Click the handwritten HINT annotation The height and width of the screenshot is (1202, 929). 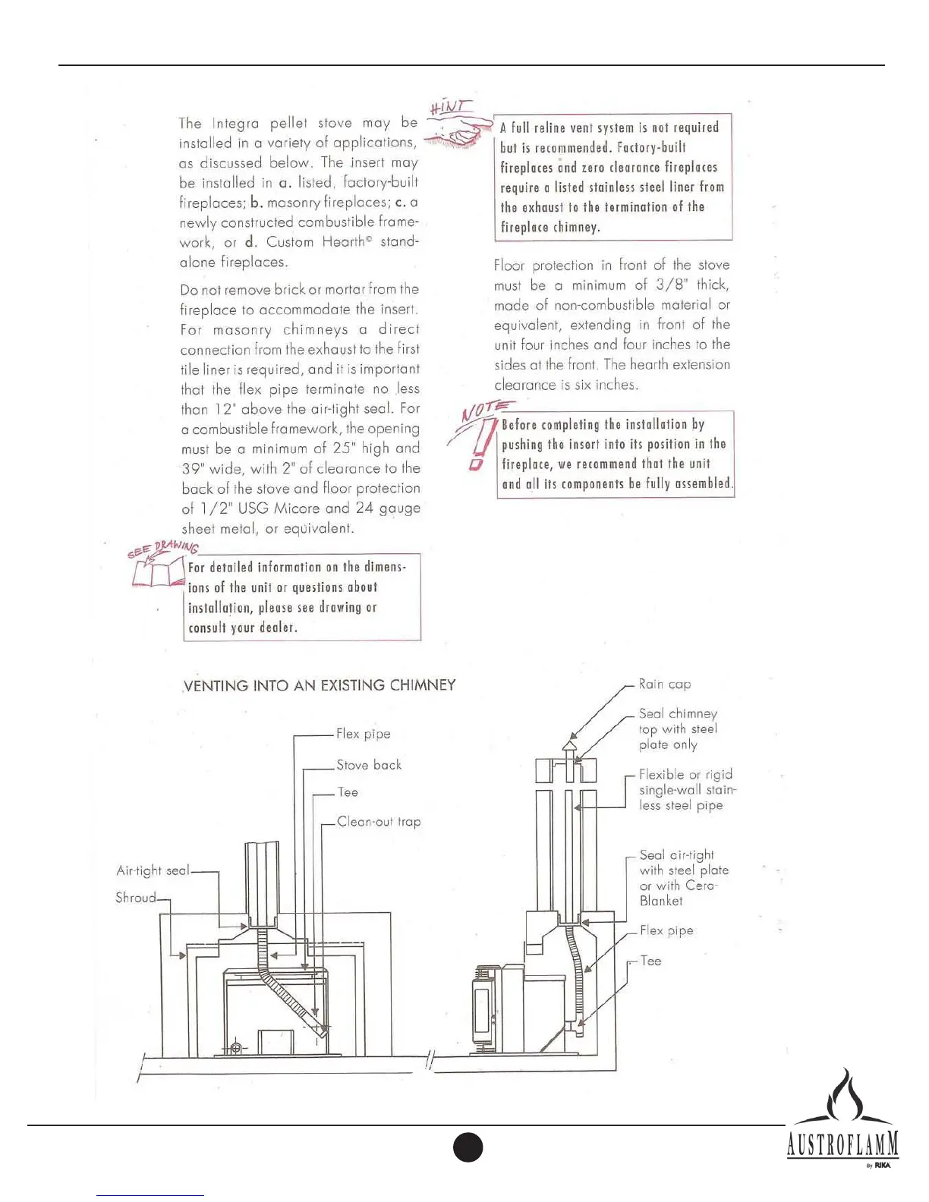coord(450,106)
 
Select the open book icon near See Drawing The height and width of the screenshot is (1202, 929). coord(159,571)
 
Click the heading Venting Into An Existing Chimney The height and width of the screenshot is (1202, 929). coord(320,685)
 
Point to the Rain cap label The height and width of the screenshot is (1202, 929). coord(665,684)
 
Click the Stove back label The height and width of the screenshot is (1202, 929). coord(369,765)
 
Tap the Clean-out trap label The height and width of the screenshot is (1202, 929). coord(379,821)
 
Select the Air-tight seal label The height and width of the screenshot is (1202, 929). coord(153,870)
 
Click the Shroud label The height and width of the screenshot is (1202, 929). coord(135,898)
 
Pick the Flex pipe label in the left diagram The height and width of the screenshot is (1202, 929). coord(364,734)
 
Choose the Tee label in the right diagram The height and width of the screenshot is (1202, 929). coord(650,961)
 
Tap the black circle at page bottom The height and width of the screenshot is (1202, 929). coord(468,1147)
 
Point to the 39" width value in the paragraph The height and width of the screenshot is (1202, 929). coord(191,468)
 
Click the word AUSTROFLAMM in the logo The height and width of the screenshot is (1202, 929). coord(842,1144)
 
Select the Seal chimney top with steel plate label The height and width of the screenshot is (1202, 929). coord(677,728)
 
